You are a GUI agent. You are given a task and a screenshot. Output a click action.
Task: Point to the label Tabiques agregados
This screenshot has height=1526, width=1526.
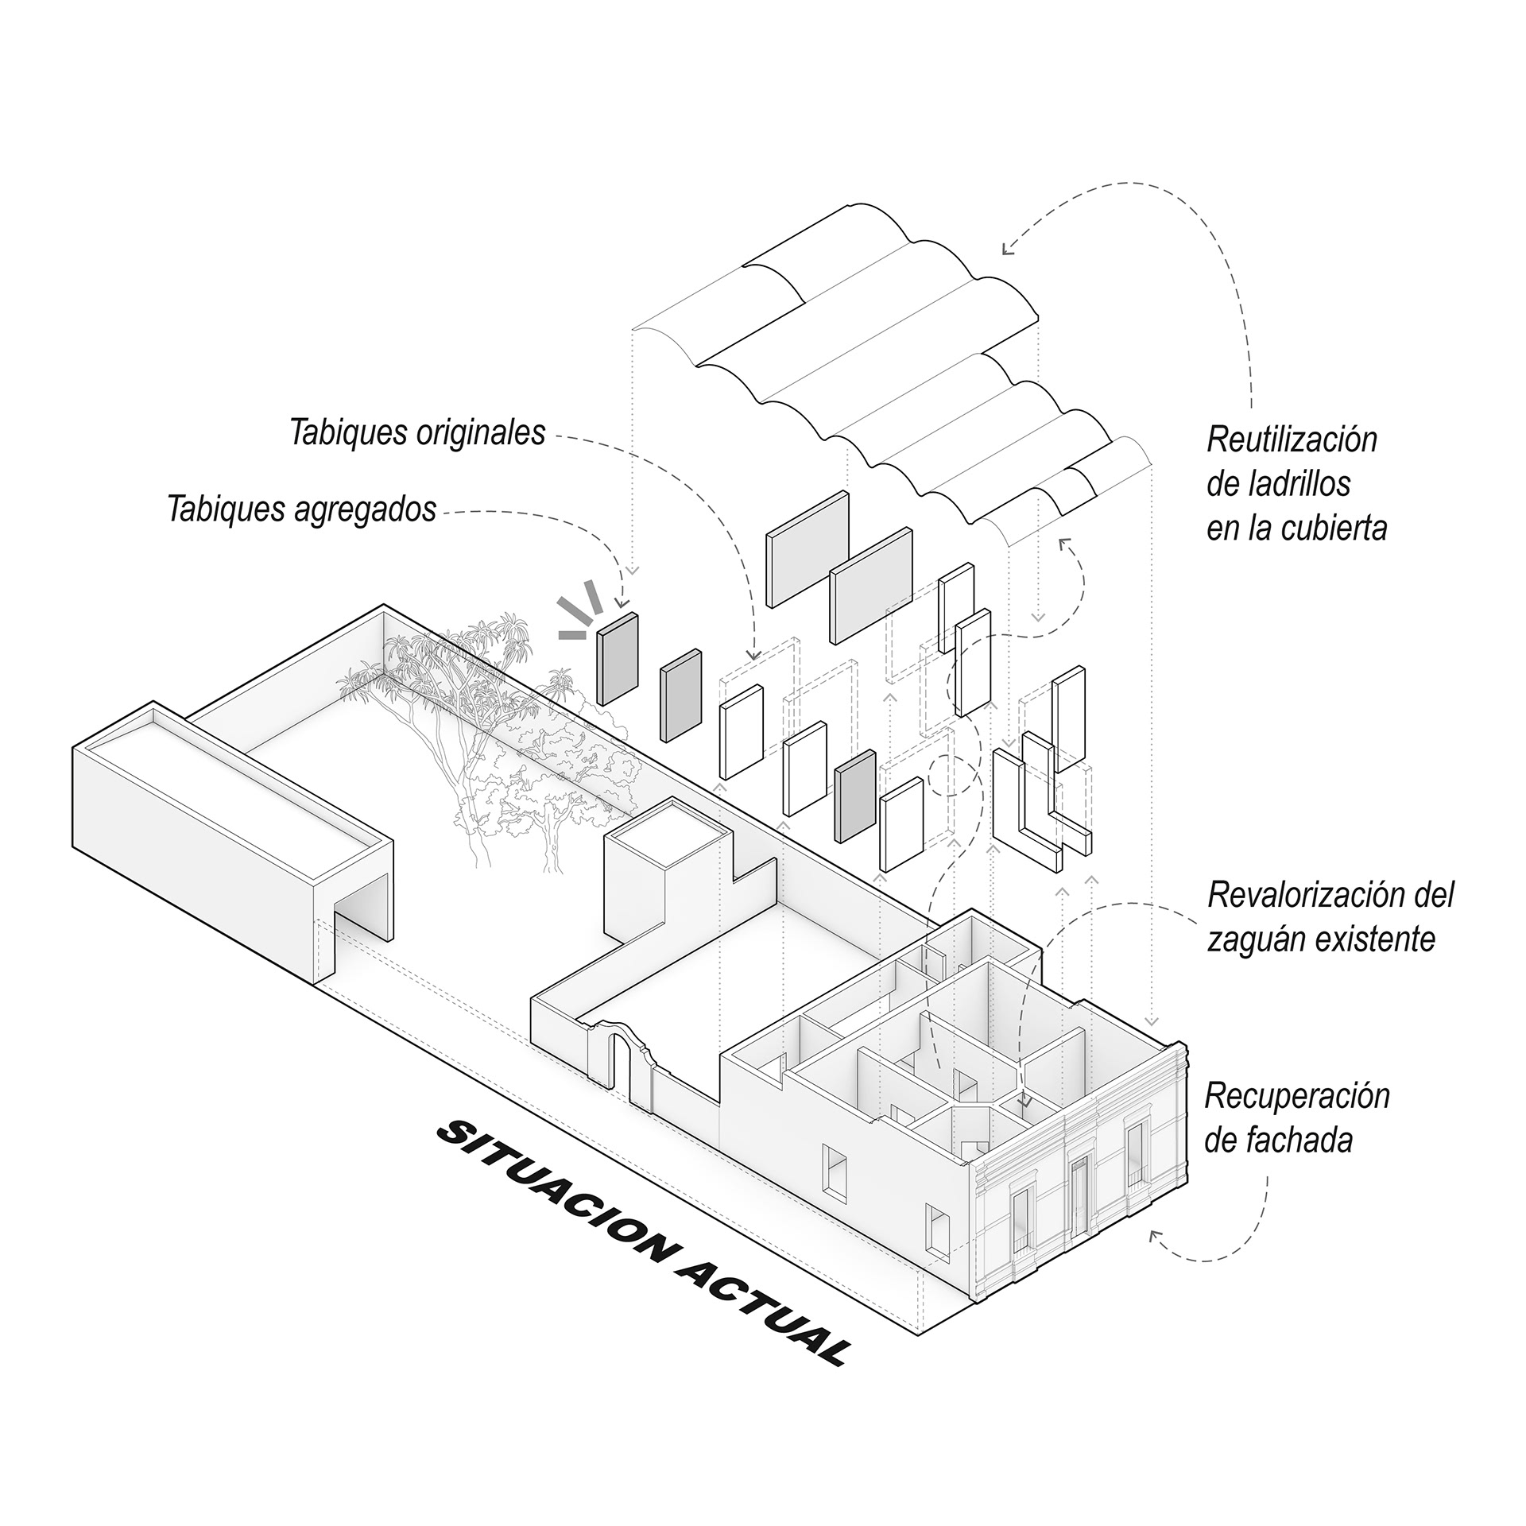(302, 509)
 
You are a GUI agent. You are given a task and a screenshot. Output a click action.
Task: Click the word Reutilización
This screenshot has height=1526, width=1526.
(1292, 440)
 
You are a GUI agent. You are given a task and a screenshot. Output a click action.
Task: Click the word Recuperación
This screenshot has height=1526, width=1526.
(1297, 1097)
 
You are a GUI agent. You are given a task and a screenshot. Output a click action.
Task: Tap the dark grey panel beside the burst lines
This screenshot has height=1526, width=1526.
(618, 659)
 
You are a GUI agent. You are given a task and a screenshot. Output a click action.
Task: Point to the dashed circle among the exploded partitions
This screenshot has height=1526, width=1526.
(952, 776)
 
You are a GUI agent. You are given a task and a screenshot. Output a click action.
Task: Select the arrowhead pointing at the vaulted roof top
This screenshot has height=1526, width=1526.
(1007, 250)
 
